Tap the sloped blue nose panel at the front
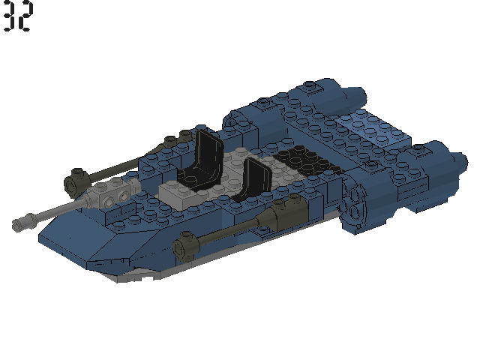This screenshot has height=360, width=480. pyautogui.click(x=82, y=240)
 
